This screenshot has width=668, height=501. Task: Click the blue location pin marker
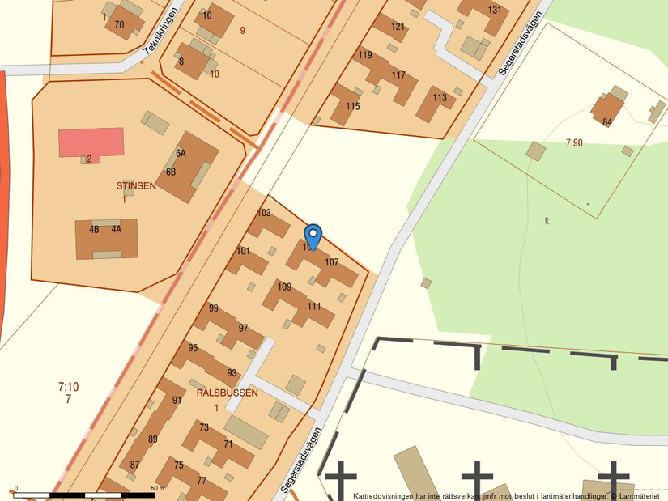pyautogui.click(x=313, y=236)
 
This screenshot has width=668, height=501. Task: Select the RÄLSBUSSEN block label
pyautogui.click(x=228, y=393)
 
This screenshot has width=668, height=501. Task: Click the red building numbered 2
pyautogui.click(x=91, y=143)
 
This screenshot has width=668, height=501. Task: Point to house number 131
pyautogui.click(x=495, y=11)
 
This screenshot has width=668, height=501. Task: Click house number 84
pyautogui.click(x=607, y=123)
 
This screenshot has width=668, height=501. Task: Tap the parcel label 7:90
pyautogui.click(x=573, y=142)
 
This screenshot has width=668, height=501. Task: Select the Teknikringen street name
pyautogui.click(x=160, y=39)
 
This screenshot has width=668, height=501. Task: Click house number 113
pyautogui.click(x=440, y=99)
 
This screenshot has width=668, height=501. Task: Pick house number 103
pyautogui.click(x=264, y=214)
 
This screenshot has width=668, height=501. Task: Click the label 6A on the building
pyautogui.click(x=181, y=153)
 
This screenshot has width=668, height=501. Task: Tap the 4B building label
pyautogui.click(x=94, y=230)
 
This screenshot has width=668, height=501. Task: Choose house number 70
pyautogui.click(x=119, y=24)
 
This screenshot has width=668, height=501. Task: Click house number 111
pyautogui.click(x=314, y=307)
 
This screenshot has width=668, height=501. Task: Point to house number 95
pyautogui.click(x=193, y=348)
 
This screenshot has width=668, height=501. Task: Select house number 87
pyautogui.click(x=134, y=465)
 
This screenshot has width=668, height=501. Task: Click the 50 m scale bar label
pyautogui.click(x=157, y=488)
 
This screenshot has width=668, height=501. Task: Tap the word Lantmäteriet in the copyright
pyautogui.click(x=639, y=495)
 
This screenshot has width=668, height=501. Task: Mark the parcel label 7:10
pyautogui.click(x=69, y=387)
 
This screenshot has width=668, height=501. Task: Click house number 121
pyautogui.click(x=398, y=27)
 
